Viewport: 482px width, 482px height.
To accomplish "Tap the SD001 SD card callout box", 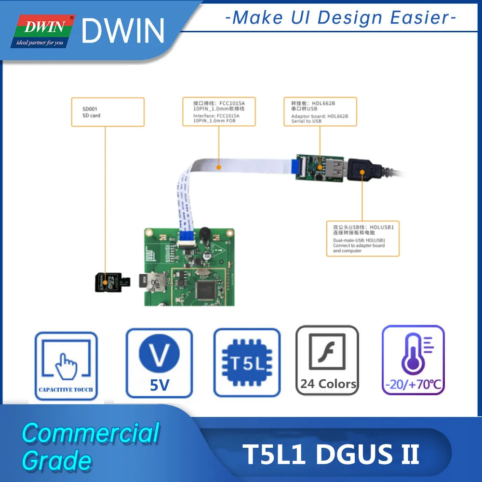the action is coord(107,112).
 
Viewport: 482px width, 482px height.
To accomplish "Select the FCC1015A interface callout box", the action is coord(219,112).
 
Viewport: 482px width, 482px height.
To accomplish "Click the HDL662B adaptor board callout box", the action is coord(320,112).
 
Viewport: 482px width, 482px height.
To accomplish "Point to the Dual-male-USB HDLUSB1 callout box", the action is coord(363,239).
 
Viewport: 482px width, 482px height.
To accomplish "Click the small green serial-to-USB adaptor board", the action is coord(319,166).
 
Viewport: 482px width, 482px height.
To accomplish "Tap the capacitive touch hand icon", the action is coord(66,365).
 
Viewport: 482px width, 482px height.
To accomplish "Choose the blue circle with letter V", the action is coord(159,356).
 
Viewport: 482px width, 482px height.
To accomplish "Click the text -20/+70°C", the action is coord(413,386).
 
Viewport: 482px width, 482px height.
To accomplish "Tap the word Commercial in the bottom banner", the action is coord(91,433).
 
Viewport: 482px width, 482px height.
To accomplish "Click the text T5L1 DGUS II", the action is coord(332,455).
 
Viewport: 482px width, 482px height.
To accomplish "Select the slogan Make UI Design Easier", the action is coord(341,18).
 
